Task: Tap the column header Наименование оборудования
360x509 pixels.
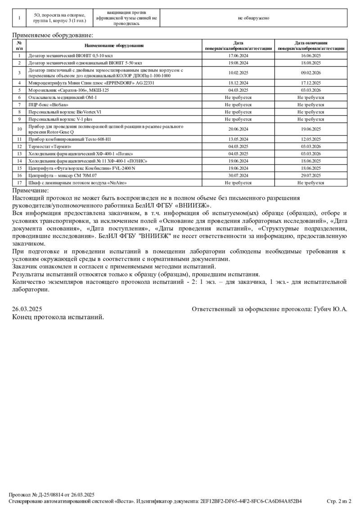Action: tap(114, 45)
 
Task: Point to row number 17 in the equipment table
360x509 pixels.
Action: tap(19, 183)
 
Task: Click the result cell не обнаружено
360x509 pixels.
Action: tap(253, 18)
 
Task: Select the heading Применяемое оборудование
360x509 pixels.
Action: tap(53, 35)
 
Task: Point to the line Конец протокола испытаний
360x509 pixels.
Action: tap(58, 317)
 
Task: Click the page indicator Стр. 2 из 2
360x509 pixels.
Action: tap(338, 500)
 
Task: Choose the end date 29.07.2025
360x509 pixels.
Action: tap(310, 175)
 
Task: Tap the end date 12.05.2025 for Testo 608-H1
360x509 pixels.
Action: tap(310, 139)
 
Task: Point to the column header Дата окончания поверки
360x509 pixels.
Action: tap(310, 45)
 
